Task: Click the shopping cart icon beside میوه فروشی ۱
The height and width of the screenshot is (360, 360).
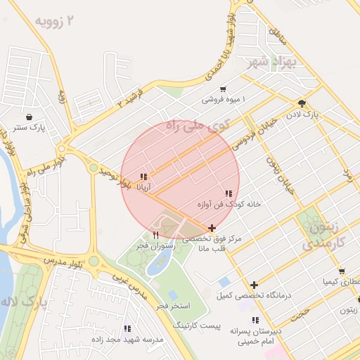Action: click(223, 89)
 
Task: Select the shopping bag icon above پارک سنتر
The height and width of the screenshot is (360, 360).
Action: click(29, 117)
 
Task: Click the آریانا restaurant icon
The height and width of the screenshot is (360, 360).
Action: click(143, 177)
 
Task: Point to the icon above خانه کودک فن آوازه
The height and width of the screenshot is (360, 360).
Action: click(229, 193)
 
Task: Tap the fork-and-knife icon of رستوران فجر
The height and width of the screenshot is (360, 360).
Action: click(155, 234)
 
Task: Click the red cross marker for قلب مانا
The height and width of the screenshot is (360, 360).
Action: click(212, 228)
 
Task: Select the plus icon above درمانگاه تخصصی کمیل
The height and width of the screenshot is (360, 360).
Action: click(254, 284)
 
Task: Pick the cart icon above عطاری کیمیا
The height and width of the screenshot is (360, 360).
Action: click(341, 271)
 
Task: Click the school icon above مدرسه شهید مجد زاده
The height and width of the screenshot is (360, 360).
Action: click(127, 328)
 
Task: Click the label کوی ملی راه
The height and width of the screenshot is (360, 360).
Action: click(198, 127)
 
